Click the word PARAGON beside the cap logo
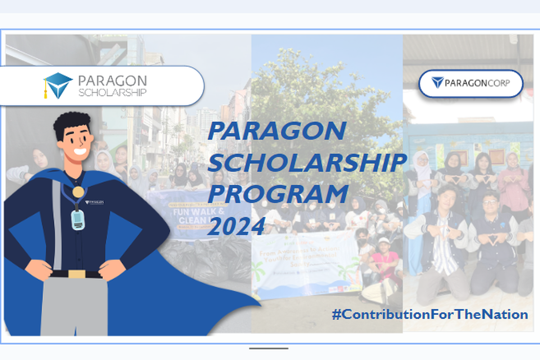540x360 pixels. pos(112,81)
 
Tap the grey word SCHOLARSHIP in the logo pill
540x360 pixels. pos(112,93)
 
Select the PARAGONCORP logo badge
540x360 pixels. pos(471,83)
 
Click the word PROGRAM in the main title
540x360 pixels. pos(278,194)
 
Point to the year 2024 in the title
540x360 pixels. pos(236,226)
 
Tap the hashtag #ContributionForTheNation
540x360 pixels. pos(430,314)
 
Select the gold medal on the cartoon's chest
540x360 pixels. pos(78,192)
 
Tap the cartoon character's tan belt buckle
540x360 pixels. pos(77,274)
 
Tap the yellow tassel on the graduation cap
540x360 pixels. pos(45,90)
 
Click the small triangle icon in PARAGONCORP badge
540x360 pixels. pos(437,82)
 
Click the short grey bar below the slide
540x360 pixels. pos(269,348)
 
